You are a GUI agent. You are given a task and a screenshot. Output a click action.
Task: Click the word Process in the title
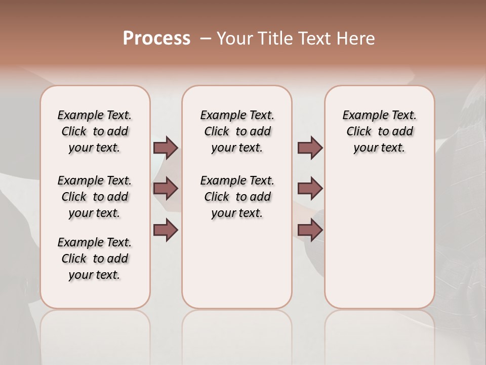[156, 39]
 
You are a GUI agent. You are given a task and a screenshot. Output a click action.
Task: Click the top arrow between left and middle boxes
[166, 148]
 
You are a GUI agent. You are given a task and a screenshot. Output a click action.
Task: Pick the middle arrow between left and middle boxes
[166, 189]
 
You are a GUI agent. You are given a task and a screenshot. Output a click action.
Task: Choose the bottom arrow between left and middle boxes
[166, 230]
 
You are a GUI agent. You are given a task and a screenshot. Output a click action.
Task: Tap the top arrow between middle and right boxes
[310, 148]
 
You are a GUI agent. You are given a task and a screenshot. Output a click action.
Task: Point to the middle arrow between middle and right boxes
[310, 189]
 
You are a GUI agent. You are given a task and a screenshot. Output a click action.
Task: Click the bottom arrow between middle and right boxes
[310, 230]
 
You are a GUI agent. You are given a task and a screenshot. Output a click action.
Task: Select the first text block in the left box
[95, 131]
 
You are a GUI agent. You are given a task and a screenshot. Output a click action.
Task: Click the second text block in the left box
[95, 197]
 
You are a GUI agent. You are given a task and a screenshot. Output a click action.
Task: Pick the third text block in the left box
[95, 259]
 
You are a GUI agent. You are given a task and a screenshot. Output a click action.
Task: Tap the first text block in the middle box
[237, 131]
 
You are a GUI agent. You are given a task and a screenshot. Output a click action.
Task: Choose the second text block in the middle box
[237, 197]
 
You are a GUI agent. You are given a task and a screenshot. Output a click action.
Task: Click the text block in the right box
[380, 131]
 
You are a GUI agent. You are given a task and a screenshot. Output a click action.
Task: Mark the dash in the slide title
[206, 39]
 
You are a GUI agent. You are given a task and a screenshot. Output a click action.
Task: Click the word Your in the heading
[234, 39]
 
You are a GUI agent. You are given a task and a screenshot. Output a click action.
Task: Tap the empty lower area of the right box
[380, 243]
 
